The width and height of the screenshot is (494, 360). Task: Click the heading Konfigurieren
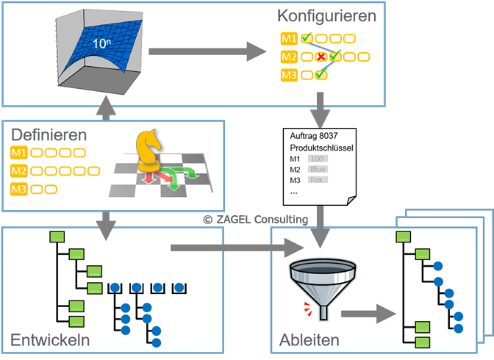[326, 15]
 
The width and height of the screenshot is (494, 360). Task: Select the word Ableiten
[309, 340]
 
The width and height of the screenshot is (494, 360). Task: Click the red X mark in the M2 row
[321, 57]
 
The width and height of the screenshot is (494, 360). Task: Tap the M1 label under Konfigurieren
[289, 38]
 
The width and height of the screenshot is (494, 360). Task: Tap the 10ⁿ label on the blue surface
[101, 44]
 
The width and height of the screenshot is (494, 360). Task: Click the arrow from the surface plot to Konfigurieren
[207, 51]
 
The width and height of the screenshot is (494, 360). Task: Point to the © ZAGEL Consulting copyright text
[255, 218]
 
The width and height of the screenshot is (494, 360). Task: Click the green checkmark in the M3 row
[321, 74]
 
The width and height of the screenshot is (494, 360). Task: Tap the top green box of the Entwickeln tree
[57, 237]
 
